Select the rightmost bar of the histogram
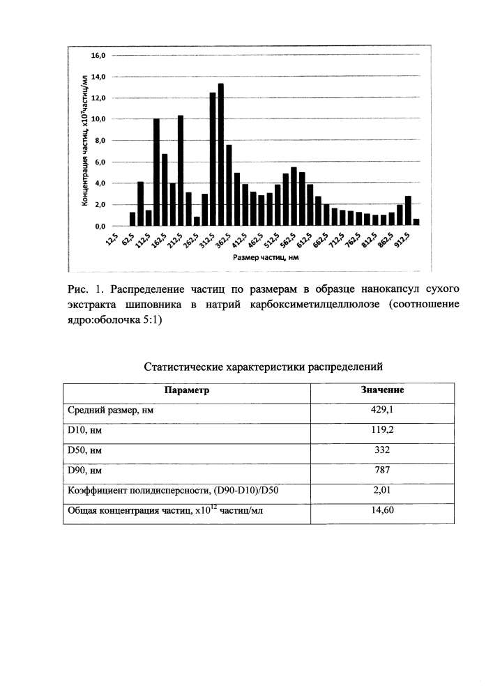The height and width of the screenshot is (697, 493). pyautogui.click(x=416, y=222)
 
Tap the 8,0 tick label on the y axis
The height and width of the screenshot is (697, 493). pyautogui.click(x=99, y=141)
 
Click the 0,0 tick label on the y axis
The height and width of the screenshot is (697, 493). pyautogui.click(x=99, y=227)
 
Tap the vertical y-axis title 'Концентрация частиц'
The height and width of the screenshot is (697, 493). pyautogui.click(x=84, y=139)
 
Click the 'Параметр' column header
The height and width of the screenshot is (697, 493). pyautogui.click(x=187, y=390)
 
